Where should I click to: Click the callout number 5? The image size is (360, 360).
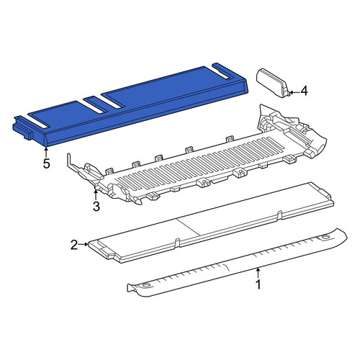(46, 163)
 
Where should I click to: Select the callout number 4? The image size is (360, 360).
(304, 91)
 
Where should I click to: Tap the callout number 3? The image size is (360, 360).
(96, 207)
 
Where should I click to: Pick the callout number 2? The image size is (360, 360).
(74, 245)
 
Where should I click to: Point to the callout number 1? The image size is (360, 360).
(258, 284)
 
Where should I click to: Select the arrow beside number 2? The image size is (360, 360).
(84, 244)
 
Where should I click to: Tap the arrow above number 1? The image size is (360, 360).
(258, 272)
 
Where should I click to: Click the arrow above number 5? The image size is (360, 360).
(46, 152)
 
